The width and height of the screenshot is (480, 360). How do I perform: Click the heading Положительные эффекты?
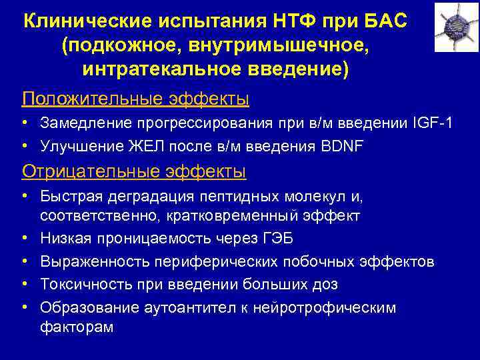[135, 99]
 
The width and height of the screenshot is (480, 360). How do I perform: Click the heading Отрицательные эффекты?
[134, 171]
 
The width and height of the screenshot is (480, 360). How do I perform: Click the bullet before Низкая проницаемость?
[23, 239]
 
